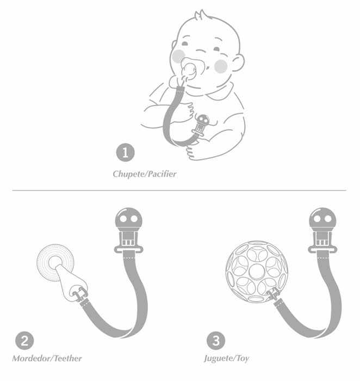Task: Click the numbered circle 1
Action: (x=125, y=153)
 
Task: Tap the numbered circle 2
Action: (x=24, y=341)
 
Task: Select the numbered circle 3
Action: (x=216, y=341)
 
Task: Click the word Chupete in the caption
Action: (x=129, y=174)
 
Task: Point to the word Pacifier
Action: (x=162, y=174)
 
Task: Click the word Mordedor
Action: (x=32, y=358)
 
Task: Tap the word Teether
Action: (x=68, y=358)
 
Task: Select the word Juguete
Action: (x=219, y=359)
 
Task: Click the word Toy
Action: (x=243, y=359)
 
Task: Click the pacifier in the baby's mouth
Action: (x=189, y=70)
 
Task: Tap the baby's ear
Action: (x=238, y=63)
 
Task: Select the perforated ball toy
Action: (x=257, y=272)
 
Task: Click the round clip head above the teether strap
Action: (x=128, y=218)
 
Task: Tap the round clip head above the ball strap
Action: (x=322, y=218)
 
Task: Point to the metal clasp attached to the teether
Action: (x=79, y=293)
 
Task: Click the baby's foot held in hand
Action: (x=194, y=152)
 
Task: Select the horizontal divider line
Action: (x=179, y=190)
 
